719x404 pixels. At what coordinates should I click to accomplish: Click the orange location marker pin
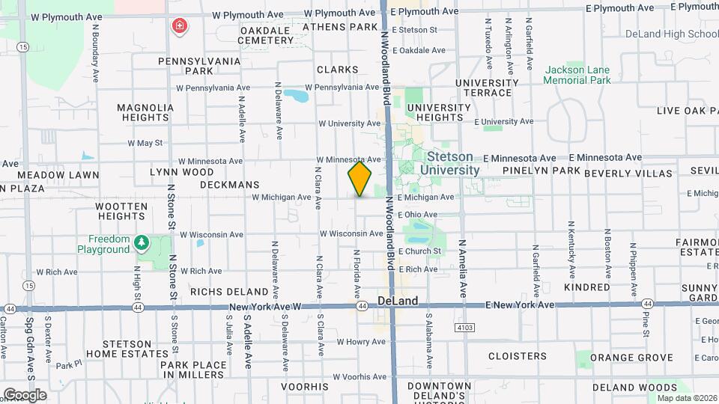359,179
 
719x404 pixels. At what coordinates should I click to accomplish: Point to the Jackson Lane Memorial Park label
577,75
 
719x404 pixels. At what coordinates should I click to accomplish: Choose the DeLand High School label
671,34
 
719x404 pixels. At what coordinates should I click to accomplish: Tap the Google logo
25,394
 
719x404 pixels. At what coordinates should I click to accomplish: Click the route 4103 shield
464,327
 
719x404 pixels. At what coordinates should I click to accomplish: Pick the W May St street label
145,143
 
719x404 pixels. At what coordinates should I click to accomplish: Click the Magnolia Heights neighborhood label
145,112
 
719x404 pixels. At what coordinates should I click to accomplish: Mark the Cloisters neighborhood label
517,356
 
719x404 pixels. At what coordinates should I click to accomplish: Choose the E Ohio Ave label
418,215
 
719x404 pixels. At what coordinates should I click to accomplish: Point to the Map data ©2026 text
686,398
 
